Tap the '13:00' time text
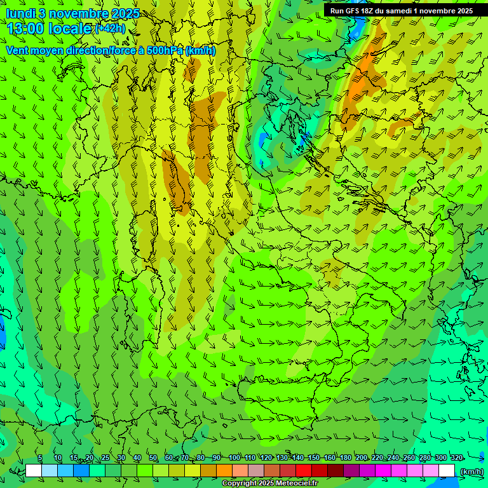[27, 29]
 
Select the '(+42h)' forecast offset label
[110, 29]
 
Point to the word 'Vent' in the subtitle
[18, 50]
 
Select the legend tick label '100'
[234, 458]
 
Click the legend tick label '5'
[40, 458]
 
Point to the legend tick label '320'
[456, 458]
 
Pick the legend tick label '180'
[345, 458]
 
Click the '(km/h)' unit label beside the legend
[471, 471]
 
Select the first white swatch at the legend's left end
[34, 471]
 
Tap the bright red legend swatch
[304, 471]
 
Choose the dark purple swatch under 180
[351, 471]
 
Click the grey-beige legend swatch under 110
[256, 471]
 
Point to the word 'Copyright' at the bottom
[238, 484]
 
